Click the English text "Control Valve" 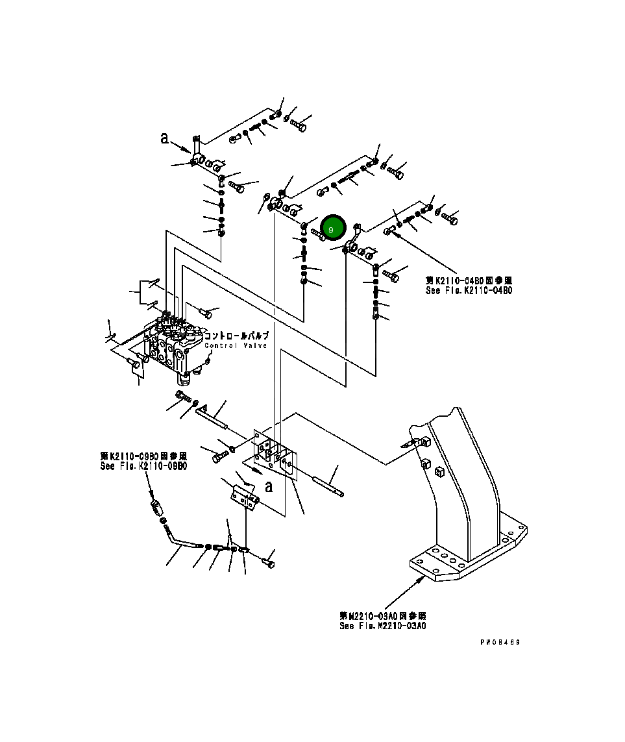click(x=236, y=346)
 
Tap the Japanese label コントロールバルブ click(x=236, y=336)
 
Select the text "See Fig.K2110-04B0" click(x=468, y=291)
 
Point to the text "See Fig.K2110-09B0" click(x=143, y=465)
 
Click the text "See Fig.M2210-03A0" click(x=383, y=626)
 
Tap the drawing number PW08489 click(x=500, y=642)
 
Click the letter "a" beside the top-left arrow click(x=165, y=138)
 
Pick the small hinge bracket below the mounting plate click(x=245, y=497)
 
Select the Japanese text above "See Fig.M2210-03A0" click(x=383, y=615)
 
